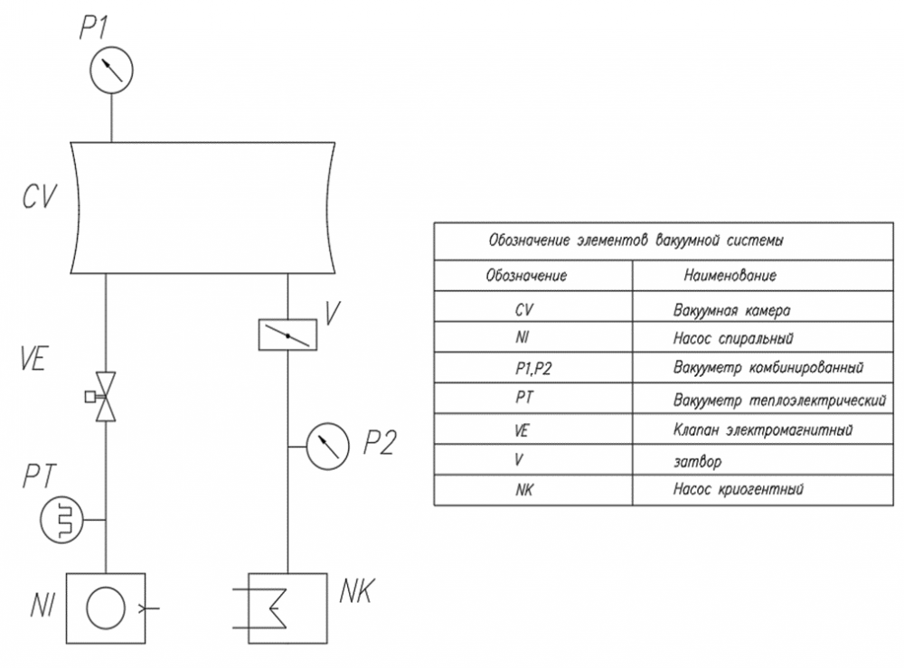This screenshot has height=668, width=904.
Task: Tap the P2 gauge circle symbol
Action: [327, 447]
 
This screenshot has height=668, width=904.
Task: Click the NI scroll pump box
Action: [108, 607]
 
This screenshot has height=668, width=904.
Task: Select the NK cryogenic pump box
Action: [287, 607]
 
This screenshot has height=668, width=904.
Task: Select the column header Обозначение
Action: [526, 274]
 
